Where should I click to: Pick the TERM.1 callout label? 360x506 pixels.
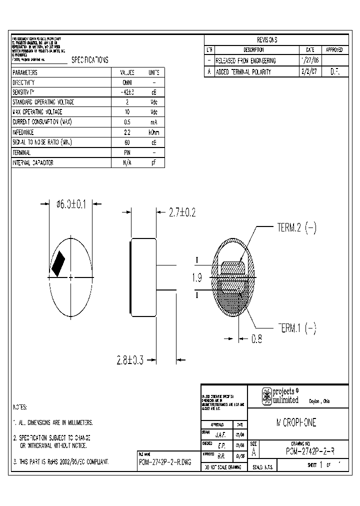[296, 328]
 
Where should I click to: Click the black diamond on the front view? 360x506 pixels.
[59, 262]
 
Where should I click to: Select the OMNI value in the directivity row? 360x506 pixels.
[127, 82]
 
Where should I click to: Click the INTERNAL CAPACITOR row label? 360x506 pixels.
[33, 163]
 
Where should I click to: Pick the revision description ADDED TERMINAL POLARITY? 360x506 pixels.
[243, 72]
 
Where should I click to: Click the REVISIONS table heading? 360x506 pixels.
[266, 40]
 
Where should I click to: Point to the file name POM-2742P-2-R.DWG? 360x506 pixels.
[165, 462]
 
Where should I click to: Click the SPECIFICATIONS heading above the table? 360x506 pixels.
[90, 60]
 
